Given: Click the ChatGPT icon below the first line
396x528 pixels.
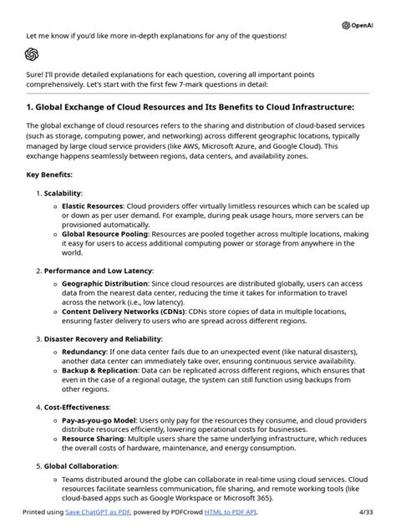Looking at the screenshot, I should tap(32, 54).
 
